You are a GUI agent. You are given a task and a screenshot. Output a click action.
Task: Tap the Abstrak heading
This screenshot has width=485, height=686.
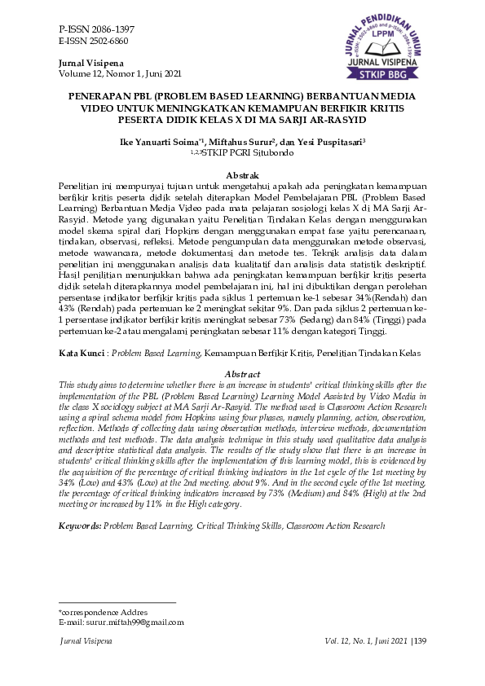click(x=242, y=175)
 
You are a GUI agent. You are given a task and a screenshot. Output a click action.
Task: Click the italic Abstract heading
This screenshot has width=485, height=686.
click(x=242, y=374)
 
